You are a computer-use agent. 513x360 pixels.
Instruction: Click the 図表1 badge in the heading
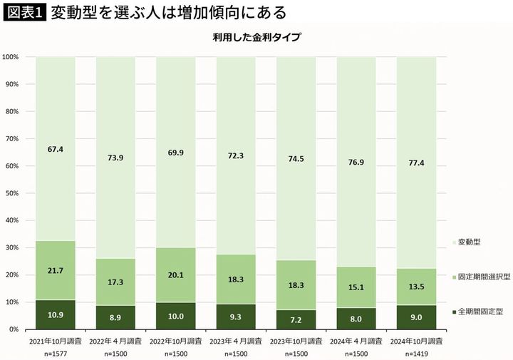tap(25, 13)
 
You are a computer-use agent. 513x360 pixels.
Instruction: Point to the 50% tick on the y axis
tap(13, 193)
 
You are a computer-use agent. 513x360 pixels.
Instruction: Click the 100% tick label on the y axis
tap(11, 57)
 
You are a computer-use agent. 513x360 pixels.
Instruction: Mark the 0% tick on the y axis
tap(15, 329)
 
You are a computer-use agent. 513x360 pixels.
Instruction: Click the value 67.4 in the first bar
tap(56, 149)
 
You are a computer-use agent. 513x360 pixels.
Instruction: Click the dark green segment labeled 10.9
tap(56, 314)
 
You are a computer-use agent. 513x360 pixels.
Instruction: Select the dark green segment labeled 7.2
tap(295, 319)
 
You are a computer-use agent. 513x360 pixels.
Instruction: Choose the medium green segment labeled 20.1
tap(175, 274)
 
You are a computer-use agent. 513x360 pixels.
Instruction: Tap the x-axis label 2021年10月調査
tap(56, 341)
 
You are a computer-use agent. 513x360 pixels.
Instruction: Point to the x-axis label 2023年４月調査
tap(235, 341)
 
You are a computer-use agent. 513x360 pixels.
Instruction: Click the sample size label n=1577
tap(56, 352)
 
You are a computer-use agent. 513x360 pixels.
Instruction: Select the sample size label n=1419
tap(415, 352)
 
